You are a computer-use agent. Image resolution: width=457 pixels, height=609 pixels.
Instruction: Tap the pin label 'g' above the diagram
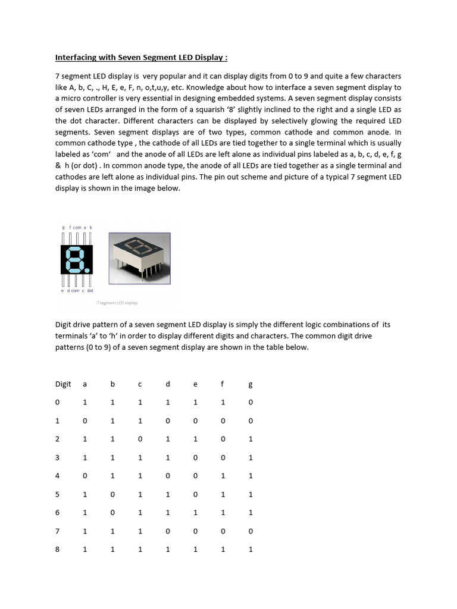[x=63, y=227]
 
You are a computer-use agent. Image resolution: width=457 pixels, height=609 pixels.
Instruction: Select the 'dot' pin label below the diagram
[x=90, y=291]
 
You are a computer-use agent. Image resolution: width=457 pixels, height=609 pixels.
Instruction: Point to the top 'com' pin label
[x=77, y=227]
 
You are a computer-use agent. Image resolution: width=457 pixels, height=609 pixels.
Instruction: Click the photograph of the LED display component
[x=139, y=258]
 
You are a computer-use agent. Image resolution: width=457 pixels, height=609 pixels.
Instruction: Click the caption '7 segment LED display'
[x=117, y=303]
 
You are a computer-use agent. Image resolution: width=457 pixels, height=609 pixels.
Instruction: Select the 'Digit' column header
[x=63, y=384]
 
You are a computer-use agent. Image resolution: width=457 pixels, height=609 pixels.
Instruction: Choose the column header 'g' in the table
[x=250, y=385]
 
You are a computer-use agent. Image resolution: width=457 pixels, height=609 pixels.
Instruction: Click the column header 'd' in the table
[x=168, y=384]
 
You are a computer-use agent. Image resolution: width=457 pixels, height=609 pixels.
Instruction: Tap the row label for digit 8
[x=58, y=550]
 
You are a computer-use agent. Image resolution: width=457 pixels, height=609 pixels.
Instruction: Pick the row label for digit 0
[x=58, y=403]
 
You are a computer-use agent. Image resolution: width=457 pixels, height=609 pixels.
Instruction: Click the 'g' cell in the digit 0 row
[x=250, y=403]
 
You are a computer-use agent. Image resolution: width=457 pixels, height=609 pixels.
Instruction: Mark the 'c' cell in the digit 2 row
[x=140, y=440]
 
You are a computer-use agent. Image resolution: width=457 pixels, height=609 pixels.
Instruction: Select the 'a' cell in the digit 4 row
[x=85, y=476]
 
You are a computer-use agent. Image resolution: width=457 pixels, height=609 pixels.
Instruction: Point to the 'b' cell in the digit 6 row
[x=112, y=513]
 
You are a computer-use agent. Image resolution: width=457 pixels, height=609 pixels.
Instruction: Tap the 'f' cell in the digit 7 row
[x=223, y=531]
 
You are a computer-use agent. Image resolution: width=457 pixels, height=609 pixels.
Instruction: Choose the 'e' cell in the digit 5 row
[x=195, y=494]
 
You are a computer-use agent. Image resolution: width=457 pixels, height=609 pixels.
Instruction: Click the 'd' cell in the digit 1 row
[x=168, y=421]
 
